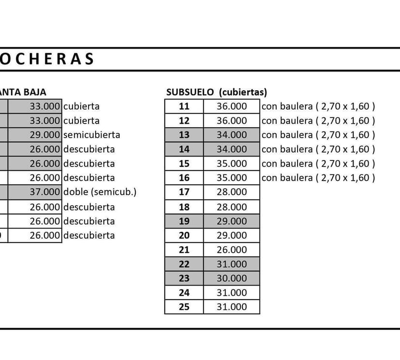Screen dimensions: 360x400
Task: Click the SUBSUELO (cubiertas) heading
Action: click(x=216, y=92)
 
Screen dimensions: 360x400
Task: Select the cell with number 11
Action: click(x=184, y=106)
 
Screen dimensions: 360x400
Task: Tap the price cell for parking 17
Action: click(x=231, y=192)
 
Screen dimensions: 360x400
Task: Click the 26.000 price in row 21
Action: click(x=231, y=250)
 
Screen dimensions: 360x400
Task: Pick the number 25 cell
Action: click(x=184, y=307)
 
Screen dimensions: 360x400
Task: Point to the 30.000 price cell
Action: click(x=231, y=278)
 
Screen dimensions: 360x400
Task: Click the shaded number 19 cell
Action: click(x=184, y=221)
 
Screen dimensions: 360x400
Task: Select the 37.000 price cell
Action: click(x=44, y=192)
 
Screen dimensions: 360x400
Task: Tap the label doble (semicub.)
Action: click(x=100, y=192)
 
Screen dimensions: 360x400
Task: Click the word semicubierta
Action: click(x=92, y=135)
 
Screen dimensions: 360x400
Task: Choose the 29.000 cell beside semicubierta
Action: click(x=44, y=135)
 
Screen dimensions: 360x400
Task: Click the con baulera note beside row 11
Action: click(x=318, y=106)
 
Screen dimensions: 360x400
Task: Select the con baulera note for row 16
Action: click(x=318, y=178)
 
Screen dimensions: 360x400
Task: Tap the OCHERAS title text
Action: click(x=46, y=59)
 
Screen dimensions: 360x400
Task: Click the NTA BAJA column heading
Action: click(x=23, y=92)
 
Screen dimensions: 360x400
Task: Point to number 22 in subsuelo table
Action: click(x=184, y=264)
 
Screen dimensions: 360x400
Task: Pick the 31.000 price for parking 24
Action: click(x=231, y=293)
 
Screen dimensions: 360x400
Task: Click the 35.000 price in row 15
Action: click(x=231, y=163)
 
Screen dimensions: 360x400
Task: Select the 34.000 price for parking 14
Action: click(x=231, y=149)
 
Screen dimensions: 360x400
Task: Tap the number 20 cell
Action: click(x=184, y=235)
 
